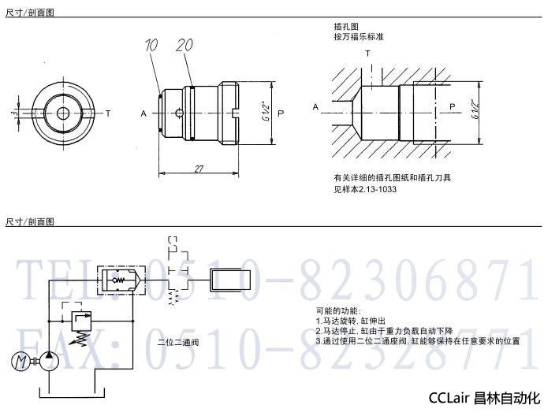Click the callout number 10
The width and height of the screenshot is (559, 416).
[x=151, y=46]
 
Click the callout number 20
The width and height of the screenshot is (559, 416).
[x=184, y=46]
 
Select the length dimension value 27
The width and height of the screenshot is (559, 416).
[x=199, y=168]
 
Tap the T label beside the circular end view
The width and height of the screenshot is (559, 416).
[x=108, y=113]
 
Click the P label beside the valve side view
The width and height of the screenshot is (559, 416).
[x=281, y=113]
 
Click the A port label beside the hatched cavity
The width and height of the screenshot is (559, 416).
[x=315, y=106]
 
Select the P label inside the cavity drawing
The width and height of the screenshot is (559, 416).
[x=451, y=106]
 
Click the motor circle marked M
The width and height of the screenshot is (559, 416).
[x=20, y=361]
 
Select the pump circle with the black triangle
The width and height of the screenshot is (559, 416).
[x=48, y=361]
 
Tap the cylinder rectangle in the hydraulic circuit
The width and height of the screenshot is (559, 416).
[x=230, y=279]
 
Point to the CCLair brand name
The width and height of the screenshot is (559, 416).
[x=453, y=399]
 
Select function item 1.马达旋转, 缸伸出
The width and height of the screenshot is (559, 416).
[x=350, y=321]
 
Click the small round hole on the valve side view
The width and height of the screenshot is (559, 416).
[x=181, y=113]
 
